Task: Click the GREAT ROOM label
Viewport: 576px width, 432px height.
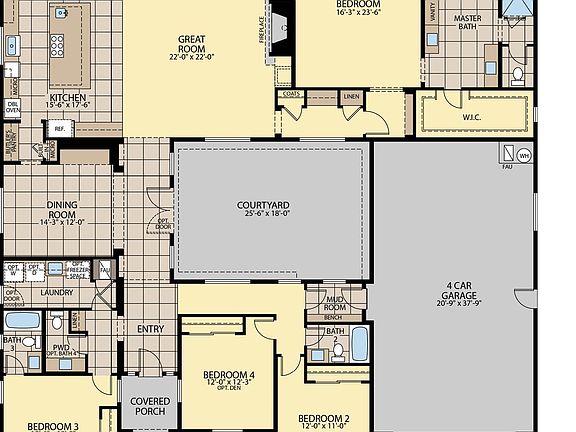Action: click(192, 45)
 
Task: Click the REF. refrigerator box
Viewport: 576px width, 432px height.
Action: click(59, 129)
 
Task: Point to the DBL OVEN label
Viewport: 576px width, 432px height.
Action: click(13, 106)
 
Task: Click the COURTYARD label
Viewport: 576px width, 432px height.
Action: click(263, 206)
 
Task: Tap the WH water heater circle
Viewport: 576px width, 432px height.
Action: click(524, 155)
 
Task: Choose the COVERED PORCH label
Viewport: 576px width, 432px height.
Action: click(150, 406)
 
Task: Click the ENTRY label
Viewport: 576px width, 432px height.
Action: click(150, 328)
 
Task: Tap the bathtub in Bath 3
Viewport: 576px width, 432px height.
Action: click(22, 321)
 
